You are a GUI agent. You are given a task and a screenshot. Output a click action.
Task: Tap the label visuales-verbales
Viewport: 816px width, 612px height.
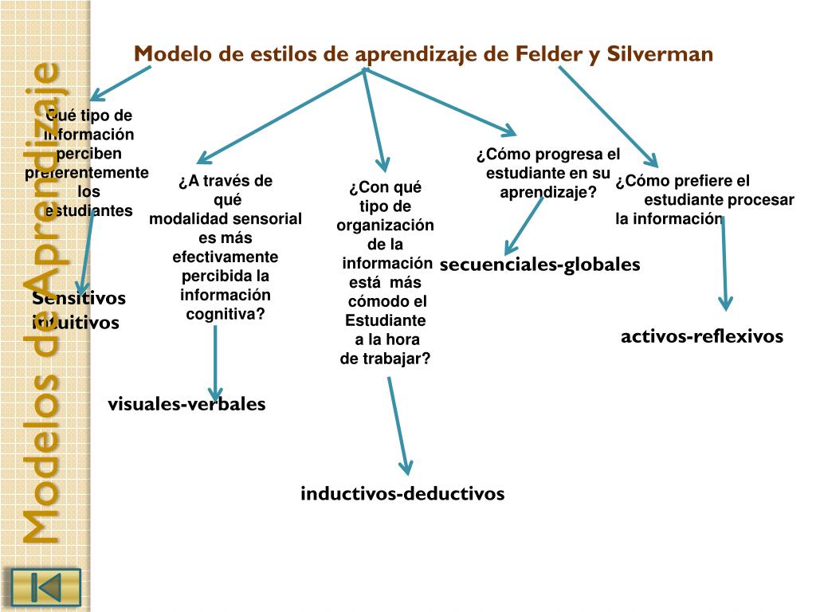(186, 404)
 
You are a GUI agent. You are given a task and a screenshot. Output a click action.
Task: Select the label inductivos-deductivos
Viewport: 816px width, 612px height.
(402, 493)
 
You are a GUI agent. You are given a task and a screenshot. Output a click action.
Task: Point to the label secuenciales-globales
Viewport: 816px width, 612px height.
(539, 264)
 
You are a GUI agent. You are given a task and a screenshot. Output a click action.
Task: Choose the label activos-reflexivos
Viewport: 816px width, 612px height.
(702, 336)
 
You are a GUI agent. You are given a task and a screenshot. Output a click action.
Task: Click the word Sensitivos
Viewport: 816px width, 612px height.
(79, 298)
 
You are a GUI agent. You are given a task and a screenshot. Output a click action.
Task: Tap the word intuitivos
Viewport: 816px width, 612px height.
(76, 323)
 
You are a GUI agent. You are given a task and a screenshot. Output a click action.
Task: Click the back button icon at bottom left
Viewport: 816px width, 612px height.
(45, 587)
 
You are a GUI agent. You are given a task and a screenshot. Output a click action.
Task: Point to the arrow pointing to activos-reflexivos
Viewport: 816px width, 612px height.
(724, 263)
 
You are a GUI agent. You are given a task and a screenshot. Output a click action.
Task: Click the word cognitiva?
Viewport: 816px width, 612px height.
(226, 314)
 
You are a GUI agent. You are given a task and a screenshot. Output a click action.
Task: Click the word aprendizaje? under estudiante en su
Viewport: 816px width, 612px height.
(548, 192)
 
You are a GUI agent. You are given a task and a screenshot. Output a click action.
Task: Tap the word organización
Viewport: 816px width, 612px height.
(385, 225)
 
